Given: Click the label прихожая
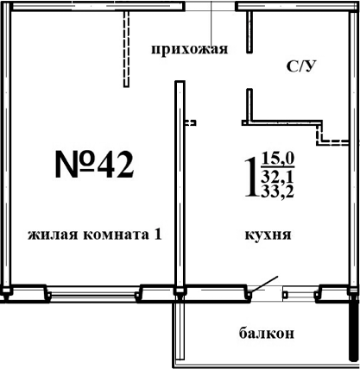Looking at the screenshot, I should pos(188,48).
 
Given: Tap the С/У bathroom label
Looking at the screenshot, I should pos(300,66).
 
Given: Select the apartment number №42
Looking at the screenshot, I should pos(95,163).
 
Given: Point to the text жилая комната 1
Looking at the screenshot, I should pos(95,235).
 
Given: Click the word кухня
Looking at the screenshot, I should pos(267,235).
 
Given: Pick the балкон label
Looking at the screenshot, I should pos(268,332).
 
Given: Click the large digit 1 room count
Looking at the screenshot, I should pos(251,174).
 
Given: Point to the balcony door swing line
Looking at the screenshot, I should pos(267,284).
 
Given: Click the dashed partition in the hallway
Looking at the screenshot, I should pos(125,47).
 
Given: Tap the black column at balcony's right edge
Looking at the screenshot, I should pos(352,332).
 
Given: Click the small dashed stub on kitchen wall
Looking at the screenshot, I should pos(191,122).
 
